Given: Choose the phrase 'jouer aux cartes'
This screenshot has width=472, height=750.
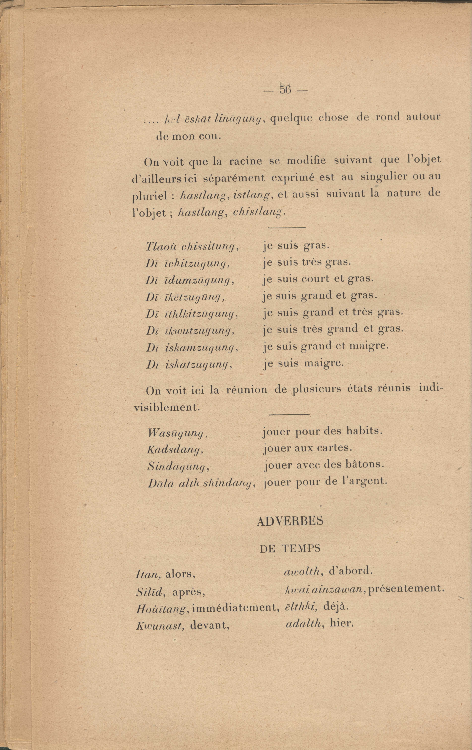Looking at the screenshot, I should point(307,448).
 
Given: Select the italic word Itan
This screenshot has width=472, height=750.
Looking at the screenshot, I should point(148,574).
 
